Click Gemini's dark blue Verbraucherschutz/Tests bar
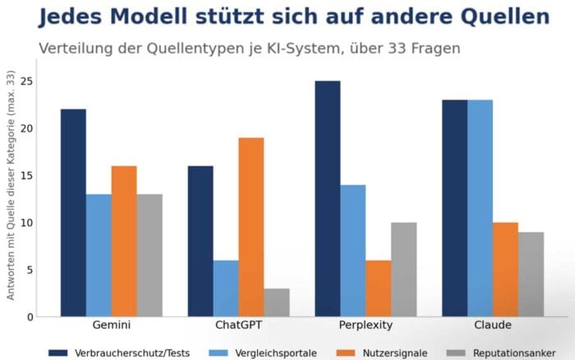coord(73,213)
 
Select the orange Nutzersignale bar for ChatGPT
coord(251,227)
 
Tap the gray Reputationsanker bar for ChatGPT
coord(277,302)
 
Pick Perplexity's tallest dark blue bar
coord(328,199)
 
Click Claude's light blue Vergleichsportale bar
coord(480,208)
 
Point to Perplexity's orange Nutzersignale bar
coord(379,288)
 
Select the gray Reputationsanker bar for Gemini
coord(149,256)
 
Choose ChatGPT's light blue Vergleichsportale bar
coord(226,288)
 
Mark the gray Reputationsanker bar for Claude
coord(531,275)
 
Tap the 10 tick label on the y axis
coord(27,223)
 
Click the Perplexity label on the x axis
coord(366,325)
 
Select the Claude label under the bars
coord(493,325)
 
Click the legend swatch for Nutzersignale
coord(346,353)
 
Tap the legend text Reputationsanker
coord(514,353)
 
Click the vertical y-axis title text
coord(11,185)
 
